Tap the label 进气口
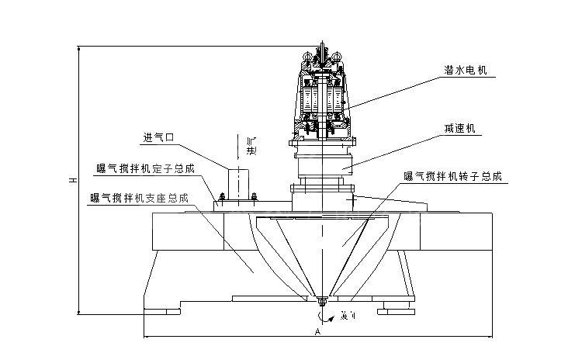(x=158, y=139)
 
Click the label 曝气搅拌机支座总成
(x=140, y=198)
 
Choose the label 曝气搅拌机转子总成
(x=453, y=177)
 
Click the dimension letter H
(x=71, y=180)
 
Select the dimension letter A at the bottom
(x=317, y=331)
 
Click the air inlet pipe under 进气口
(x=238, y=183)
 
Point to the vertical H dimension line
(x=78, y=233)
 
